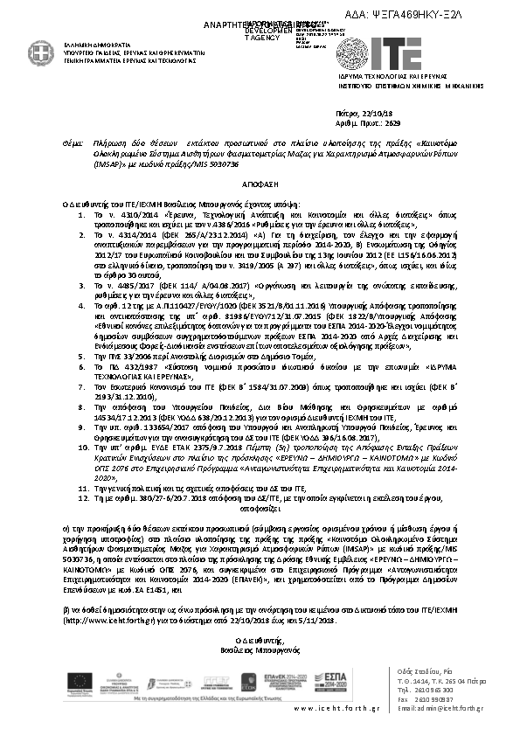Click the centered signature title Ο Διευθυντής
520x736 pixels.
[258, 642]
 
